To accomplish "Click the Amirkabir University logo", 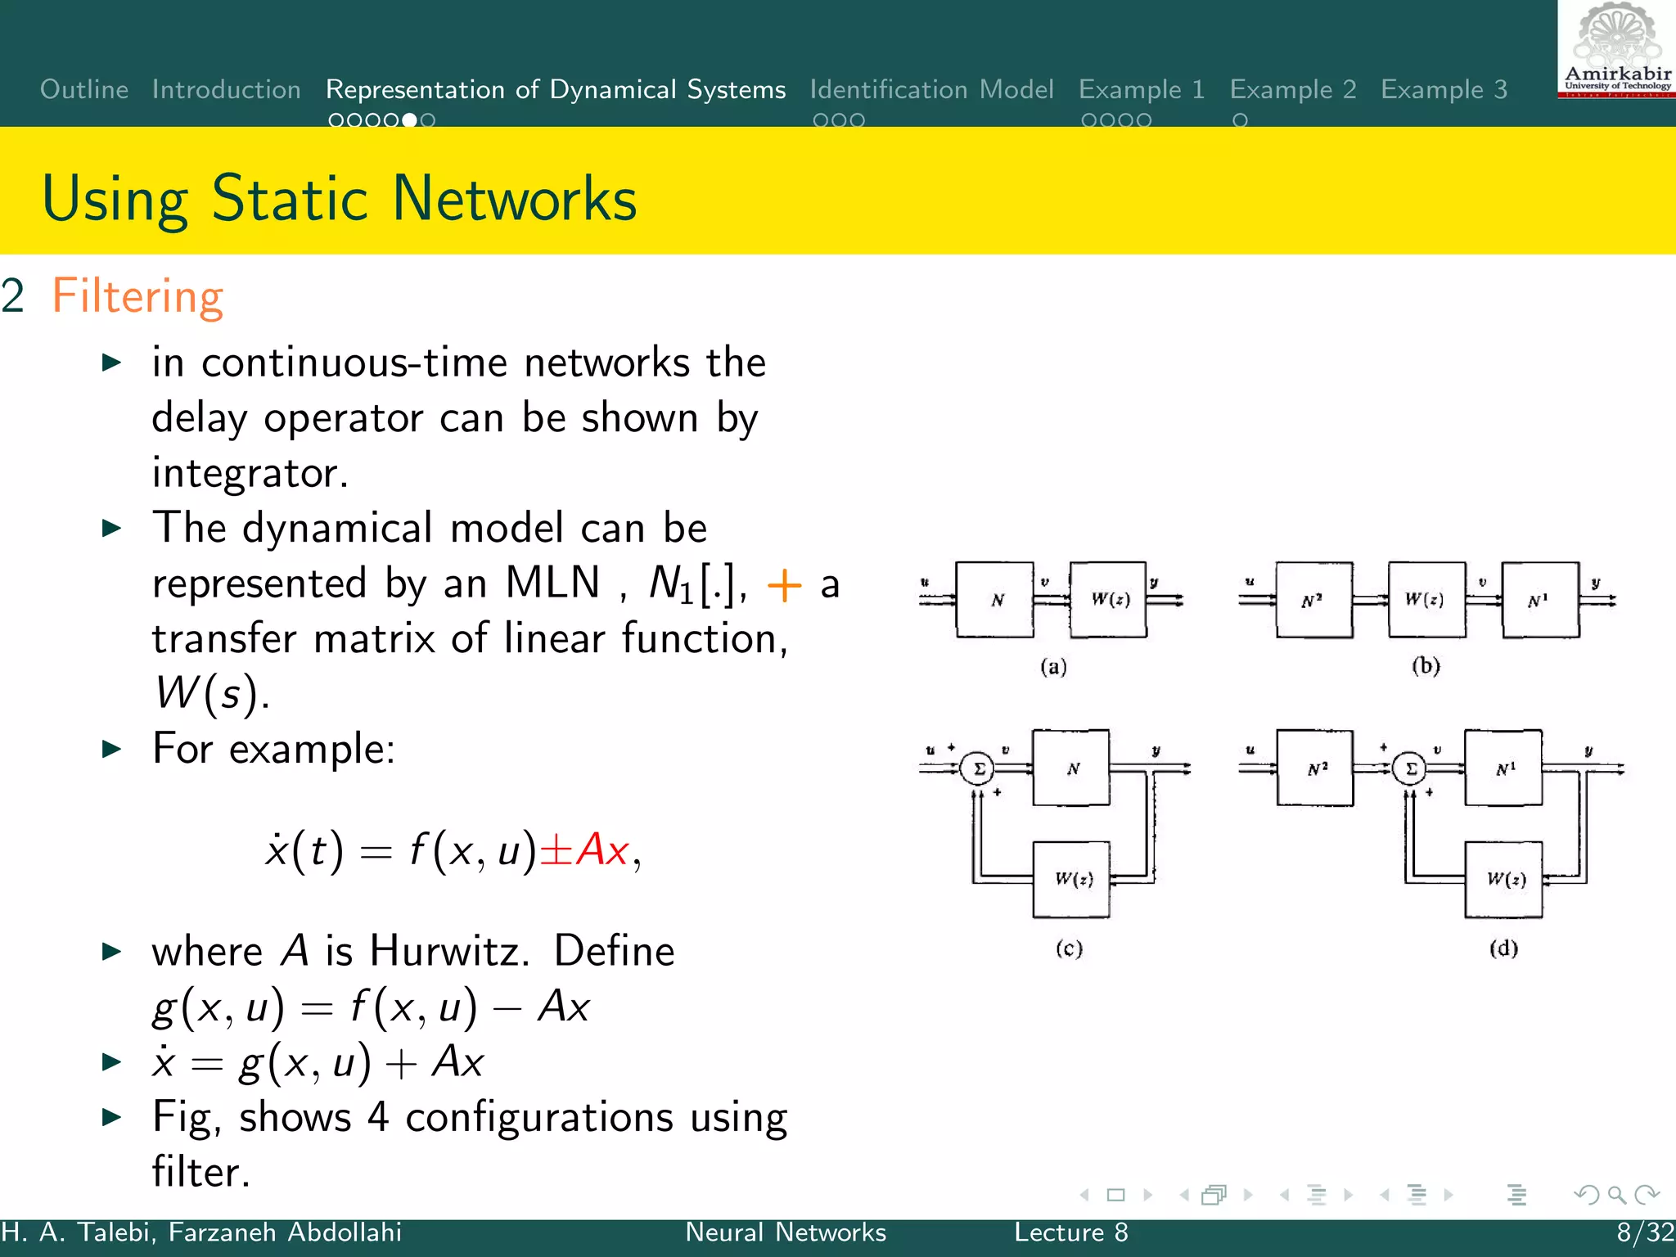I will [1617, 49].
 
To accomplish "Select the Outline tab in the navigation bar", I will [84, 89].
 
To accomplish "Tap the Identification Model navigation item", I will [931, 89].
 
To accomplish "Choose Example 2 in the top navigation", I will [1293, 89].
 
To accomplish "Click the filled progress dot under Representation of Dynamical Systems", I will [409, 120].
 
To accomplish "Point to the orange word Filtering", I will [137, 296].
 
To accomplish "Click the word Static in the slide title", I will [290, 199].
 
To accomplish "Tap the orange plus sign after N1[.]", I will [784, 585].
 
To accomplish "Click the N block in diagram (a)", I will [995, 600].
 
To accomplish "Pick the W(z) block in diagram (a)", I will [1108, 600].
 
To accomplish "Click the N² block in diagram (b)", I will [1313, 600].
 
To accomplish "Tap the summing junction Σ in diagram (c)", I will [978, 769].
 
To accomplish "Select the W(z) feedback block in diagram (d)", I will [1504, 880].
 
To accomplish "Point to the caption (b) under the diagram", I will [1426, 665].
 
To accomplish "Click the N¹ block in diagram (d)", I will [1504, 769].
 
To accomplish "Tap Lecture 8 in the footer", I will [1070, 1232].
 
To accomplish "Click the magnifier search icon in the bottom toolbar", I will [1616, 1195].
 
